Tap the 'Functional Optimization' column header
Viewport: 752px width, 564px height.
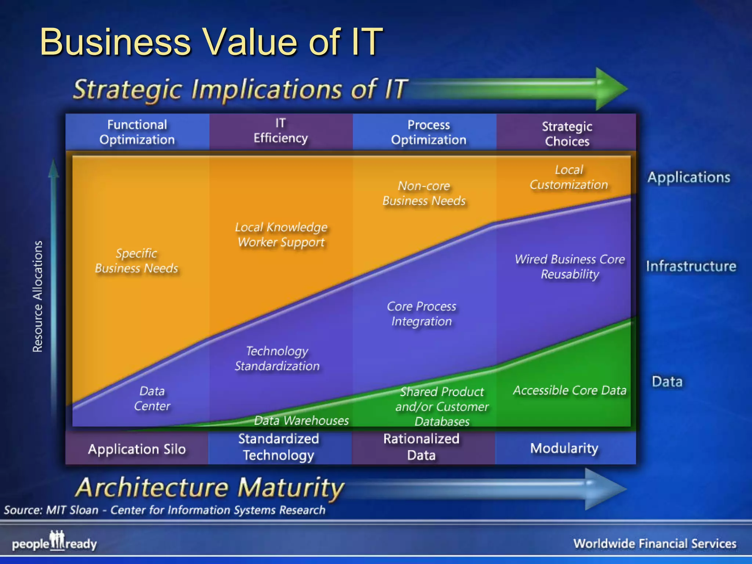point(137,132)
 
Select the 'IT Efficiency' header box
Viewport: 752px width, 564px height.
point(281,131)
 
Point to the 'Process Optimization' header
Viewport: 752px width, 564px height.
point(429,132)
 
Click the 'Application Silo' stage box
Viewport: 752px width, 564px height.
point(137,449)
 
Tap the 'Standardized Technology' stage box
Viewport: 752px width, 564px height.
point(279,447)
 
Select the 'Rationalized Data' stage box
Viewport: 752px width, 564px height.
point(422,447)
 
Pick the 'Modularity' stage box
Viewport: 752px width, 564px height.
point(564,448)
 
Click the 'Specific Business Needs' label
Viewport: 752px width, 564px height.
point(137,261)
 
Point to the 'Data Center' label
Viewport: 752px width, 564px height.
point(152,398)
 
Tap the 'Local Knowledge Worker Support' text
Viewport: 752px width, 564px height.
point(281,235)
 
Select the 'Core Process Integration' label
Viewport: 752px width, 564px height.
point(422,314)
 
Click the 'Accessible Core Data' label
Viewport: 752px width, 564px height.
point(570,390)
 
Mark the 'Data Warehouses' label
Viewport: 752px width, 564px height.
point(301,420)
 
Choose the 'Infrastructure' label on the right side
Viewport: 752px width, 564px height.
point(691,266)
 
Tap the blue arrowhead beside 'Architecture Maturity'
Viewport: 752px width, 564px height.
point(604,488)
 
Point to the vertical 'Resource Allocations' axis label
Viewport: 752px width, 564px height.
point(38,297)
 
